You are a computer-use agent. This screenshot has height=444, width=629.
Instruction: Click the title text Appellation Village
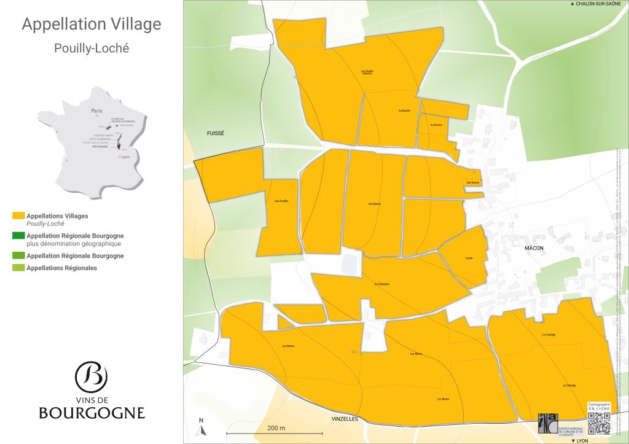92,25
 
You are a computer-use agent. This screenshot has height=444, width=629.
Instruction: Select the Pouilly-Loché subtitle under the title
92,48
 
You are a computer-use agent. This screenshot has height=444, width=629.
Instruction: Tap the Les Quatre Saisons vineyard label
367,72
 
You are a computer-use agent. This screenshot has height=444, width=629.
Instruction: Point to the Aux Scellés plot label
277,201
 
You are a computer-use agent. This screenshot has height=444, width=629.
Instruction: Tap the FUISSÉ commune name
216,133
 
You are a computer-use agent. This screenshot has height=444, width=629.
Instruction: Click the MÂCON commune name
535,248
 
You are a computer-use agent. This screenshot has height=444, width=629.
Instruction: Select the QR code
599,423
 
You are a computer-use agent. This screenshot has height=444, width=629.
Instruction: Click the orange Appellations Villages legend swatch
18,216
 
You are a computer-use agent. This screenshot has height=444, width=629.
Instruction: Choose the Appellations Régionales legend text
62,268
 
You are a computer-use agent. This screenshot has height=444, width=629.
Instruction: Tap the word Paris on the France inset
96,111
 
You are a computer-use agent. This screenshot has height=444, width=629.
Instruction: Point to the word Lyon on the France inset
127,157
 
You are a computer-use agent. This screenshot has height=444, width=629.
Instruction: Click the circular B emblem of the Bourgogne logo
91,375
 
